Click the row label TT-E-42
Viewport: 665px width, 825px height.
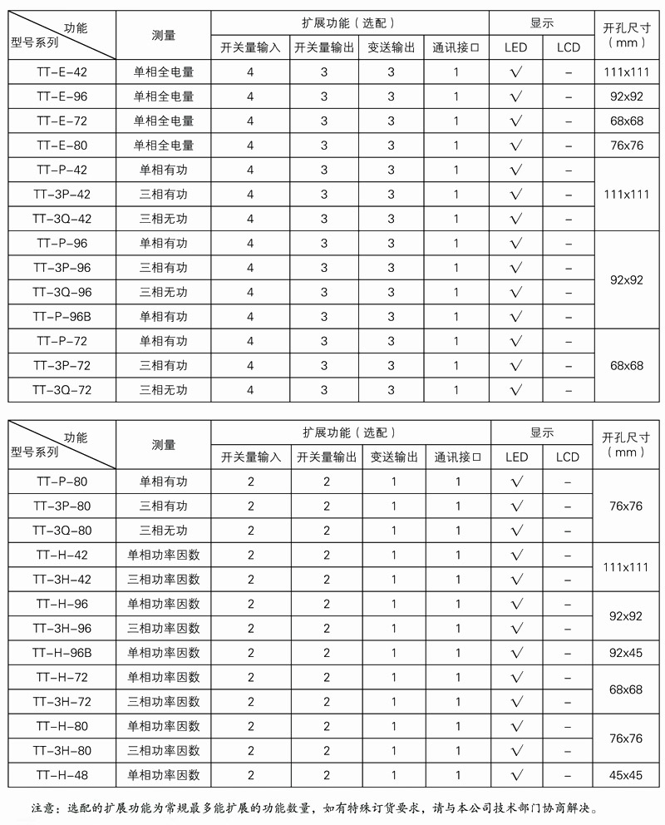62,72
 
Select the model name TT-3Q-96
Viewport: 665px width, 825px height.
62,292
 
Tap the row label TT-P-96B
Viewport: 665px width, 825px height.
62,317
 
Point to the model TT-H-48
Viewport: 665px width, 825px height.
62,775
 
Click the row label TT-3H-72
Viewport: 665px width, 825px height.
62,702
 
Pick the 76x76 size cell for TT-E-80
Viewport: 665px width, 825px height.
627,146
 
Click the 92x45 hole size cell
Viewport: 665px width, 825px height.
627,653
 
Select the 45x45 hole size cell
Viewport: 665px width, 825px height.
627,775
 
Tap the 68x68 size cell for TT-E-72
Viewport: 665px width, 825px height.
627,121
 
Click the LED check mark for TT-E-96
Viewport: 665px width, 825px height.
516,96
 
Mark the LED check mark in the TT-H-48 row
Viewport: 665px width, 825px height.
516,775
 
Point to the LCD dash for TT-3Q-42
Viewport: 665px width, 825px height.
569,219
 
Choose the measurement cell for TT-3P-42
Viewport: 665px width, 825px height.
164,195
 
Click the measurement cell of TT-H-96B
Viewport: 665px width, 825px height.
164,653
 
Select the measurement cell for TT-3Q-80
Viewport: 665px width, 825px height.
164,531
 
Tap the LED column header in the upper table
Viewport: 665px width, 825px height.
516,47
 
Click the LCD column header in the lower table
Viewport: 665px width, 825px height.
569,457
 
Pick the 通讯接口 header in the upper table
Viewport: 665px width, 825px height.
456,47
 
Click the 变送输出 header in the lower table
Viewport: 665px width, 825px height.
394,457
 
